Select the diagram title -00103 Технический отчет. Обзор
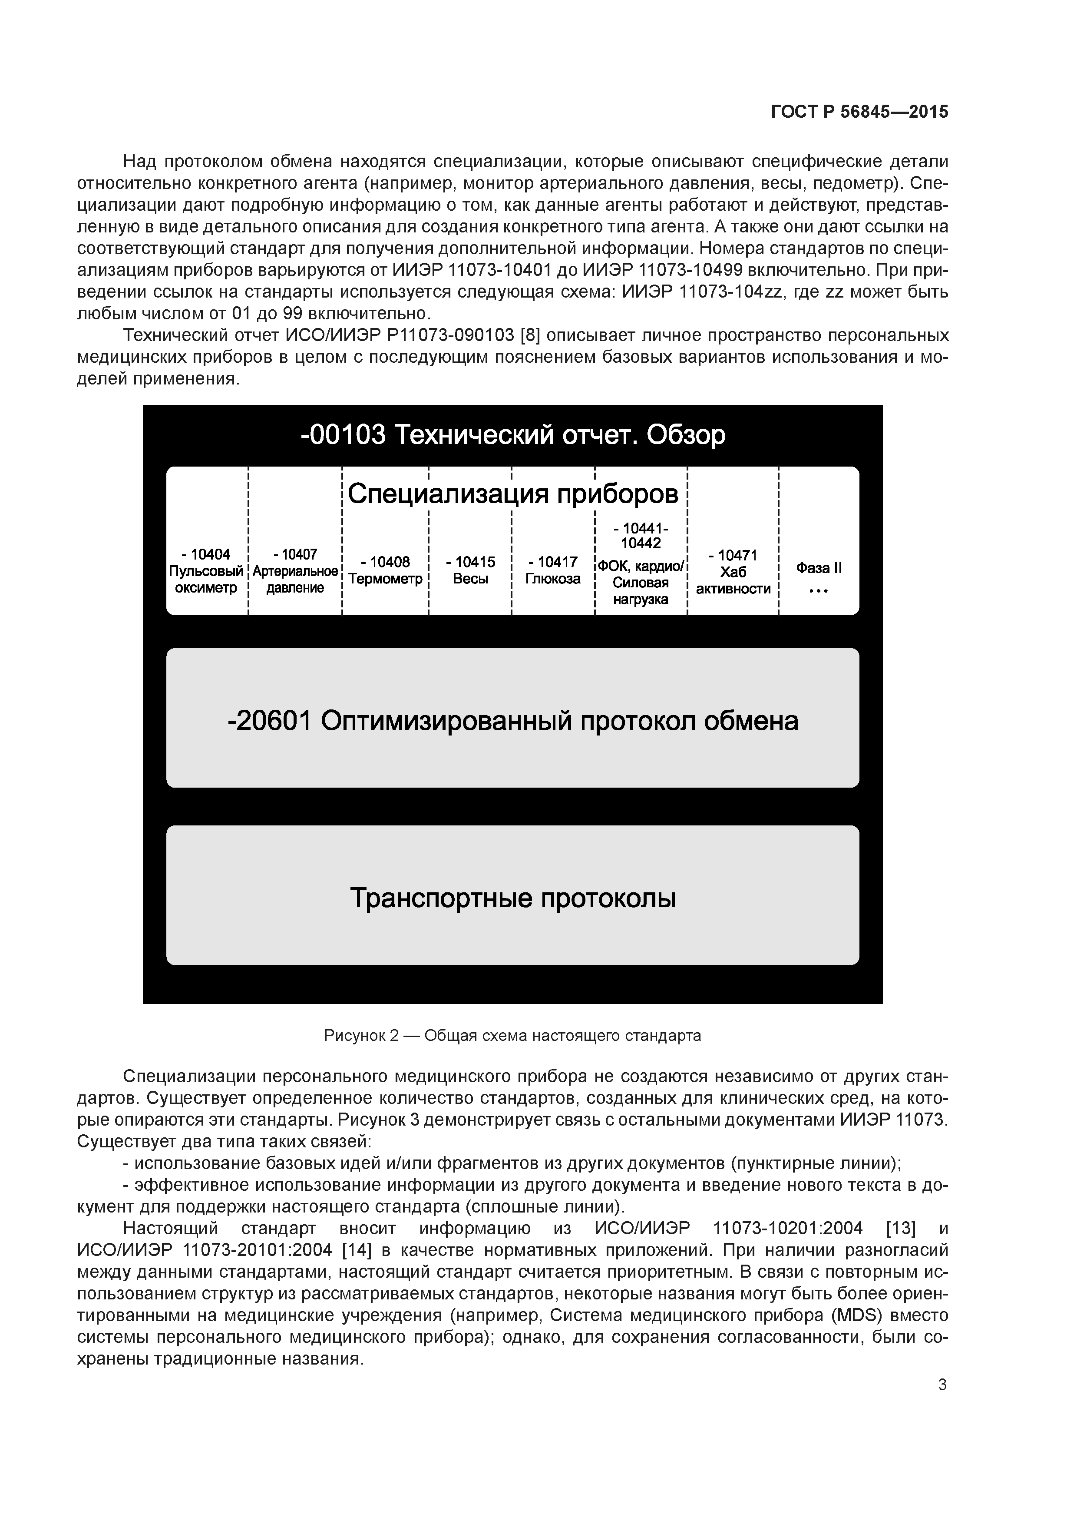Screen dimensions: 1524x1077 coord(512,435)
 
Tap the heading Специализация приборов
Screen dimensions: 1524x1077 coord(512,494)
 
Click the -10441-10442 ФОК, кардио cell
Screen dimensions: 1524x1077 coord(641,564)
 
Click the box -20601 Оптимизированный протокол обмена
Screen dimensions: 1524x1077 coord(512,720)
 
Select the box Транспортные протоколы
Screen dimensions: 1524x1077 coord(512,898)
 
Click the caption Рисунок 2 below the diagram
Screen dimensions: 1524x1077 coord(512,1035)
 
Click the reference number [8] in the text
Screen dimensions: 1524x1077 coord(530,335)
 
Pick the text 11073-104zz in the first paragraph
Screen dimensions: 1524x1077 coord(730,292)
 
